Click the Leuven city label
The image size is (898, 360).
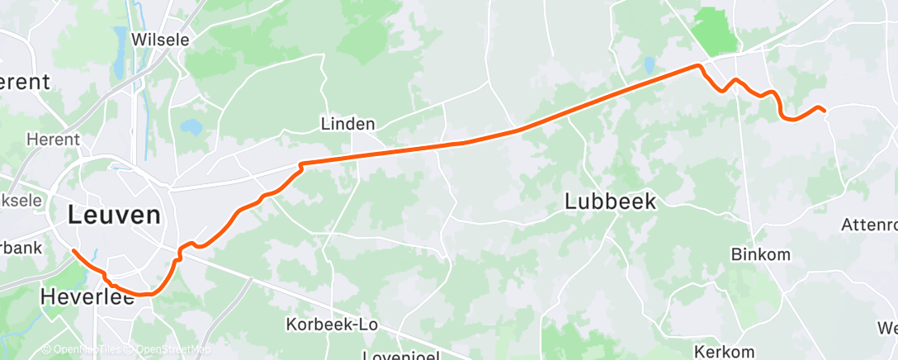114,216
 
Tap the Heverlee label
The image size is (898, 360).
87,296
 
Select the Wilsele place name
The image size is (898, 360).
160,40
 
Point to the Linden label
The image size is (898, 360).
347,125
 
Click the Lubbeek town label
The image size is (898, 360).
611,201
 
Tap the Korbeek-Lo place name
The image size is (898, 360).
332,324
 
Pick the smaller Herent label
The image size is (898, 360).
52,140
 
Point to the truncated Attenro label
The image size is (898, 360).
868,225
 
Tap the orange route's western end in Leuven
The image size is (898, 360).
73,250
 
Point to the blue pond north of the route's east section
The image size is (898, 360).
650,63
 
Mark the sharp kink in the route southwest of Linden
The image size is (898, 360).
301,166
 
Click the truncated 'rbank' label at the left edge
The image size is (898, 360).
17,247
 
